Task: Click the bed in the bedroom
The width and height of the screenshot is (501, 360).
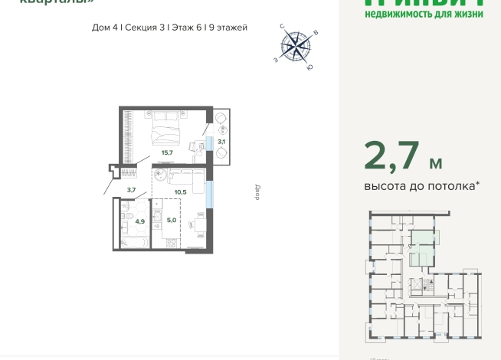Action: click(167, 127)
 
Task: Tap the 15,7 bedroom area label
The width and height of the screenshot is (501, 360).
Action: click(166, 152)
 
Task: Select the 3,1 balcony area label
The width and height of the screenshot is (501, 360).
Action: click(221, 142)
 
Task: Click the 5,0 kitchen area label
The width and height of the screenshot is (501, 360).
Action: click(172, 220)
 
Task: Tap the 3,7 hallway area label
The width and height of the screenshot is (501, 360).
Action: click(131, 189)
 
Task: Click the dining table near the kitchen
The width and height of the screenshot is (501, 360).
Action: click(198, 224)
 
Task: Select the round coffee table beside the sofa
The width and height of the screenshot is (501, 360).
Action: click(162, 175)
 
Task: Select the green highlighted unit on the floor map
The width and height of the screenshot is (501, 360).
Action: click(421, 246)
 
